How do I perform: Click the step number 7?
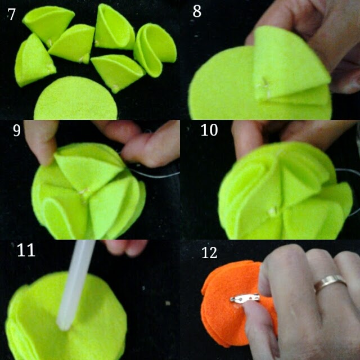(11, 14)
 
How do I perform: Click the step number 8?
(197, 11)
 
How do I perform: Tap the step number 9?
(17, 130)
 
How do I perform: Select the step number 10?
(209, 130)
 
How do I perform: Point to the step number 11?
(26, 250)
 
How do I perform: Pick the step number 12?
(209, 253)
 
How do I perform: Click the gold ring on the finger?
(330, 283)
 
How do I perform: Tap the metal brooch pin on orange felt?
(245, 298)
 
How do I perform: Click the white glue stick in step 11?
(75, 285)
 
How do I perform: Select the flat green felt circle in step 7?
(76, 99)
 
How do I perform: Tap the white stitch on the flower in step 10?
(273, 211)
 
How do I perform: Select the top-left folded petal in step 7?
(49, 23)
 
